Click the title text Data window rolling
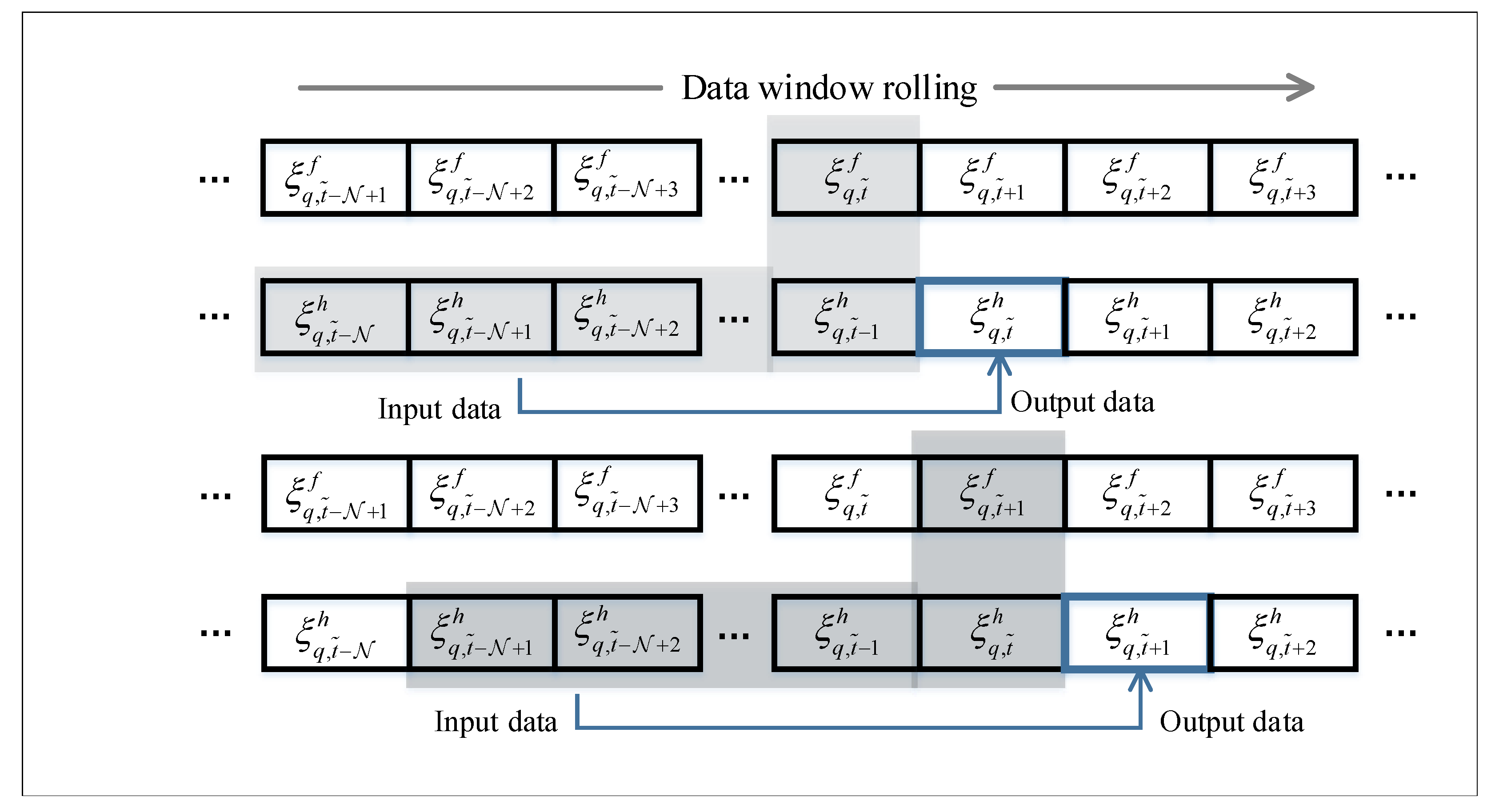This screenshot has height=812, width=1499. coord(829,88)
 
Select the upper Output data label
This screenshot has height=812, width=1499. coord(1082,402)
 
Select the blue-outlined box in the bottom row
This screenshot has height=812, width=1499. coord(1137,633)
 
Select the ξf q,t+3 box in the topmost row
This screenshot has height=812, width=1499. coord(1283,177)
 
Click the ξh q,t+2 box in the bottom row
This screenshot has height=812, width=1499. coord(1283,633)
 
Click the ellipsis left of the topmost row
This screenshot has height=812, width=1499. coord(214,179)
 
